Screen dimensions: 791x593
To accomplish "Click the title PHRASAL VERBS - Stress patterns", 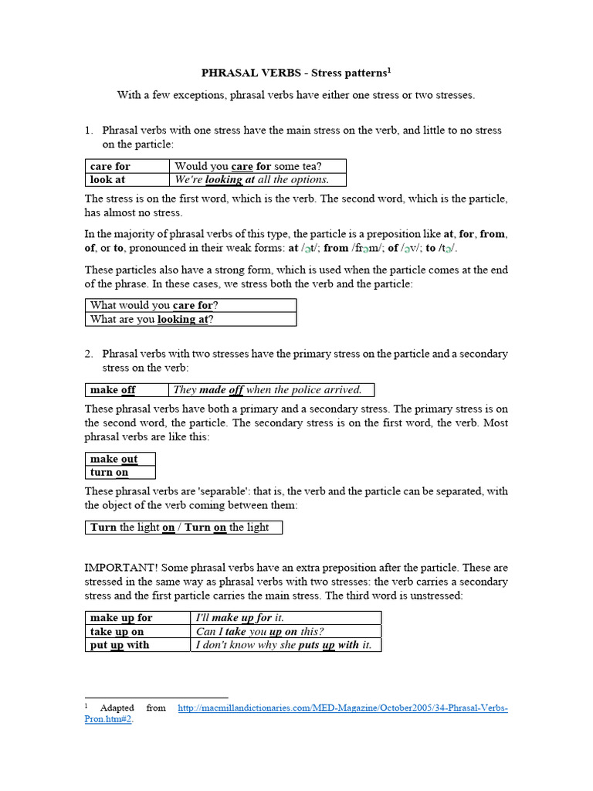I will (296, 73).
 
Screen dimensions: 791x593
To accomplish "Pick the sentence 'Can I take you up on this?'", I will (260, 631).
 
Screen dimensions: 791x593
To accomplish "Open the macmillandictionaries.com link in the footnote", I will (342, 708).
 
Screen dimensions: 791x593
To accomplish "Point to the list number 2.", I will (89, 354).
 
